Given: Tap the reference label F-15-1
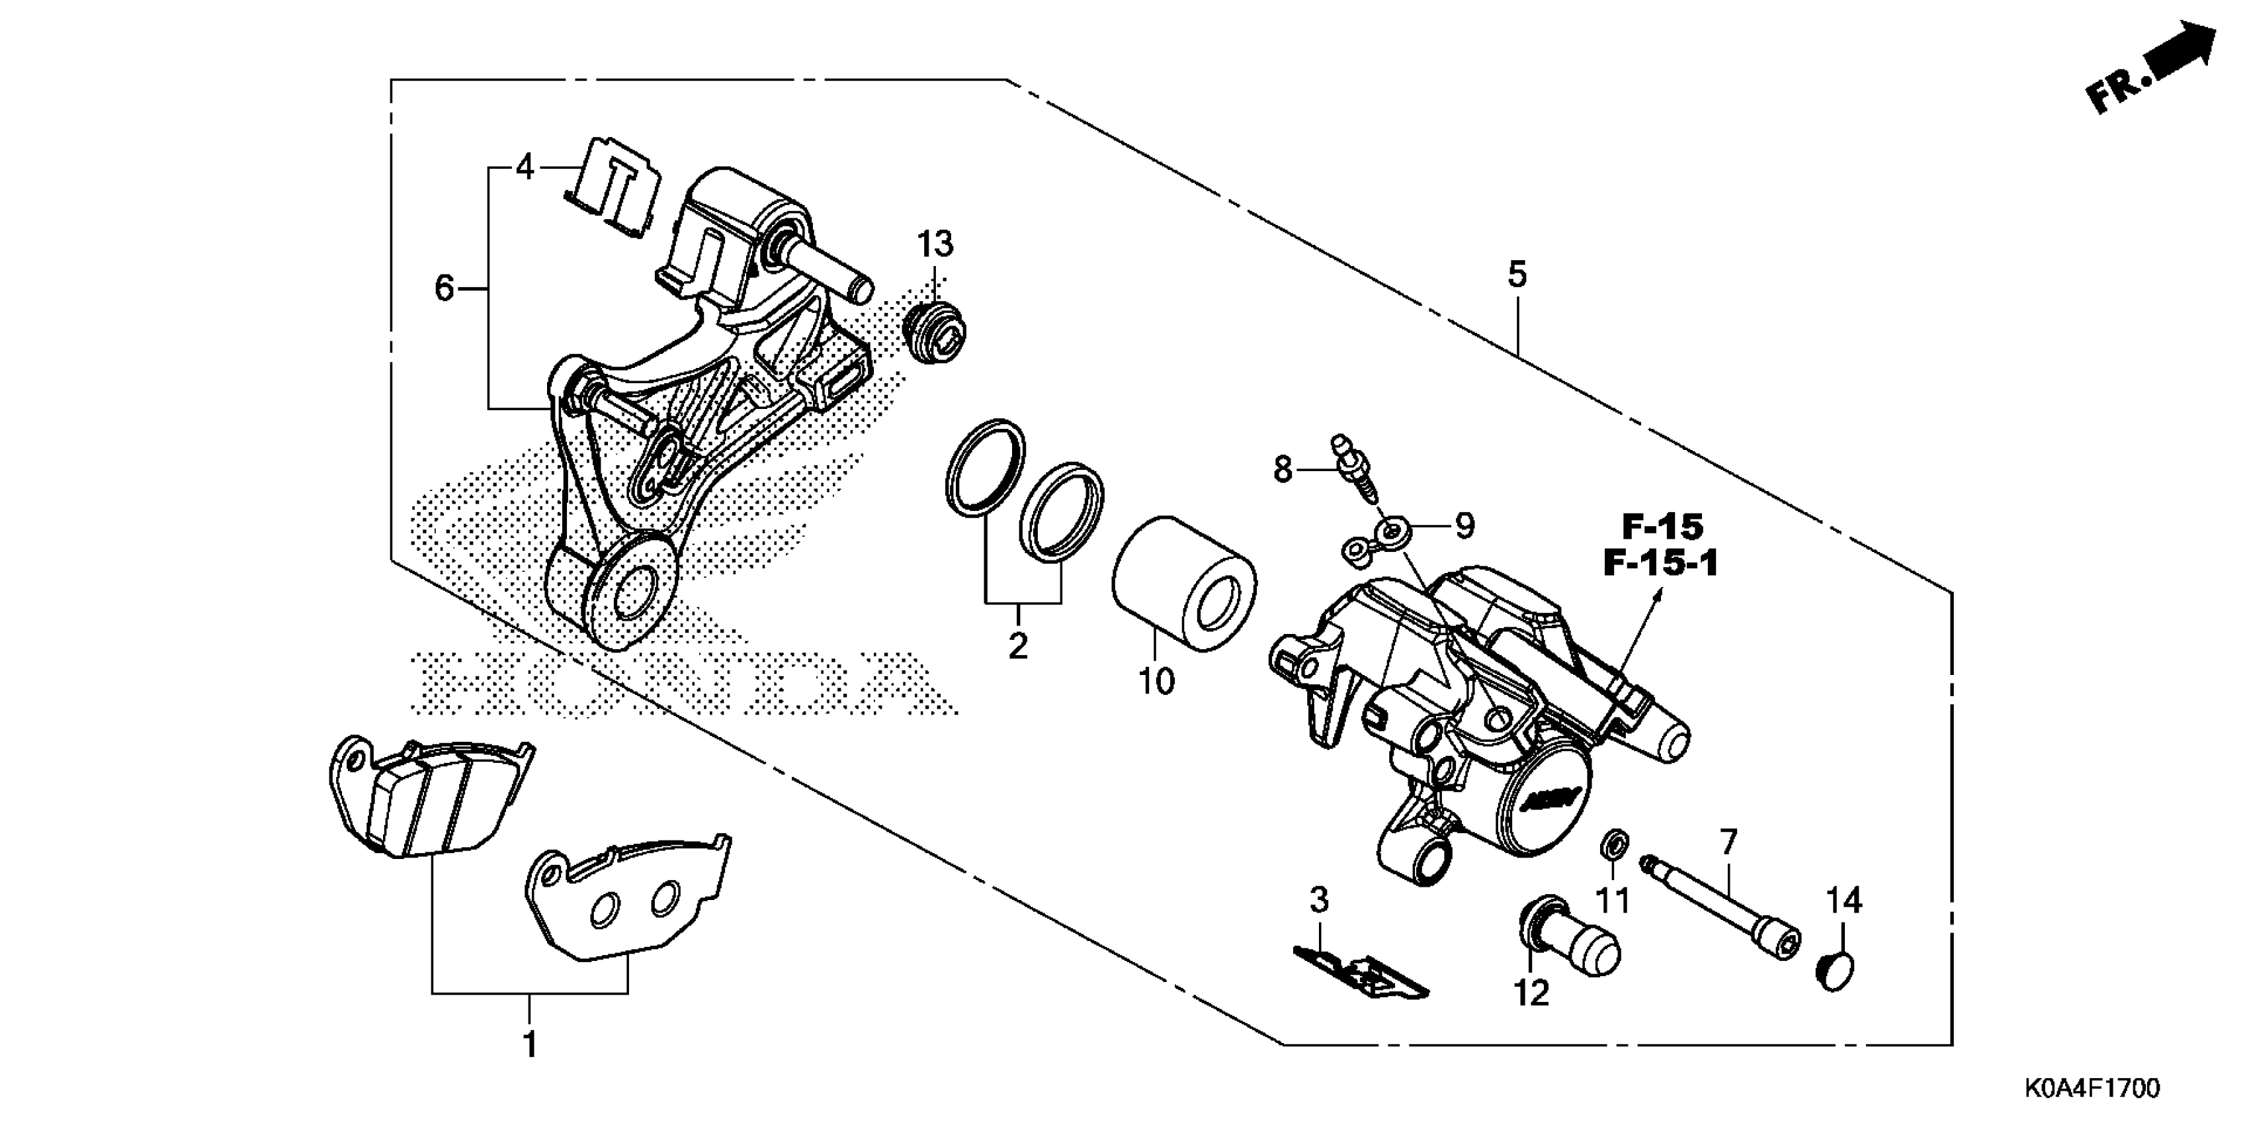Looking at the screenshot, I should (1660, 563).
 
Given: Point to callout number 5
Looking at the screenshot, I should (1517, 274).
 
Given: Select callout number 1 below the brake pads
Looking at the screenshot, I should (530, 1045).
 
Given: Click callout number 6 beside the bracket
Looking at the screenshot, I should (445, 287).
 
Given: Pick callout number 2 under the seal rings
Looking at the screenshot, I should (1018, 647).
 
